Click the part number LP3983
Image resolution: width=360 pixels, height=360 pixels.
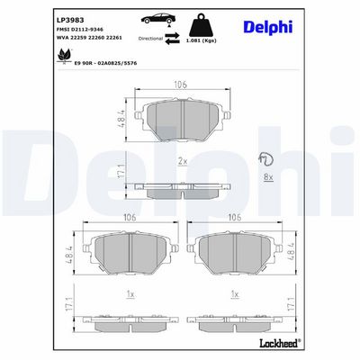70,20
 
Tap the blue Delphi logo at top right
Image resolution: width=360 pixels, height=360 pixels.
268,26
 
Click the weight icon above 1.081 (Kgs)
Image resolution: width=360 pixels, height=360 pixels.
202,25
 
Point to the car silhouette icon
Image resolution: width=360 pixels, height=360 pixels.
157,19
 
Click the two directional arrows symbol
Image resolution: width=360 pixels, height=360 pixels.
172,39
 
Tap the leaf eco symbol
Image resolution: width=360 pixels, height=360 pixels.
64,56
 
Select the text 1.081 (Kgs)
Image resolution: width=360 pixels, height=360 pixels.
202,41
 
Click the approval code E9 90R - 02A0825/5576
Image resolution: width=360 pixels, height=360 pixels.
105,63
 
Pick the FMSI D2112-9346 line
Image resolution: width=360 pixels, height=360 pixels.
80,30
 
